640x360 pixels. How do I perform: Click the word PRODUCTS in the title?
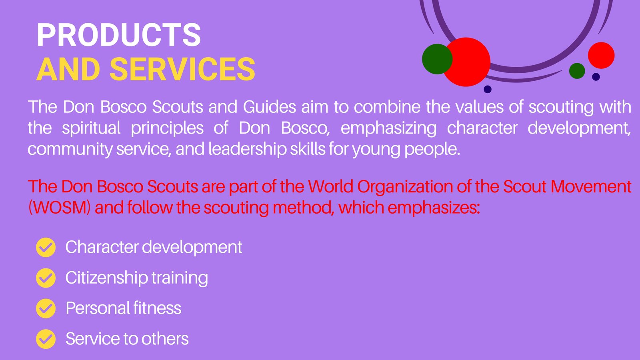click(119, 35)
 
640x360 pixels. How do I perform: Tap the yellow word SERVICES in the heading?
click(182, 69)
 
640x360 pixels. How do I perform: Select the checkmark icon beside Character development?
click(46, 248)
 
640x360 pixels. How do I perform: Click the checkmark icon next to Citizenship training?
click(46, 278)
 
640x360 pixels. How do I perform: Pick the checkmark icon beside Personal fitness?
click(46, 308)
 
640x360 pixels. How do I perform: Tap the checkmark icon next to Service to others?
click(46, 339)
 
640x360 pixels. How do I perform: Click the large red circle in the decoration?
click(466, 62)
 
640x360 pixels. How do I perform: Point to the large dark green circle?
click(437, 59)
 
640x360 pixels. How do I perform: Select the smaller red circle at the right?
click(601, 56)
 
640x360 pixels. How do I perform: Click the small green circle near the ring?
click(577, 71)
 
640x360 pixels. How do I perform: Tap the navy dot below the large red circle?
click(488, 90)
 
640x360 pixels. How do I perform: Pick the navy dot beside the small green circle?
click(596, 77)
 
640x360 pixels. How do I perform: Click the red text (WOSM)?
click(60, 208)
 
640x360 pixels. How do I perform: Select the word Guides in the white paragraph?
click(270, 107)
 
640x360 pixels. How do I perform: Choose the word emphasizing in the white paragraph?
click(388, 128)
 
